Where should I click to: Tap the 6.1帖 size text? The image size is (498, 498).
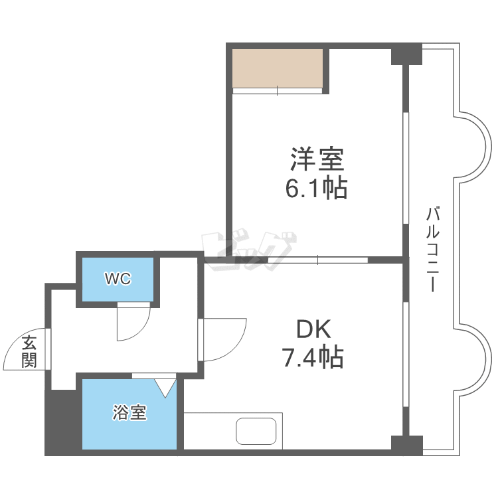coord(316,189)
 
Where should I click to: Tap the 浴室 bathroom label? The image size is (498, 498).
coord(129,413)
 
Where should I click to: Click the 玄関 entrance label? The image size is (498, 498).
coord(29,352)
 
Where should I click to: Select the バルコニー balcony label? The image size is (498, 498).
coord(432,250)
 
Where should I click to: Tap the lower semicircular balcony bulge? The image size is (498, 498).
coord(473,362)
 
